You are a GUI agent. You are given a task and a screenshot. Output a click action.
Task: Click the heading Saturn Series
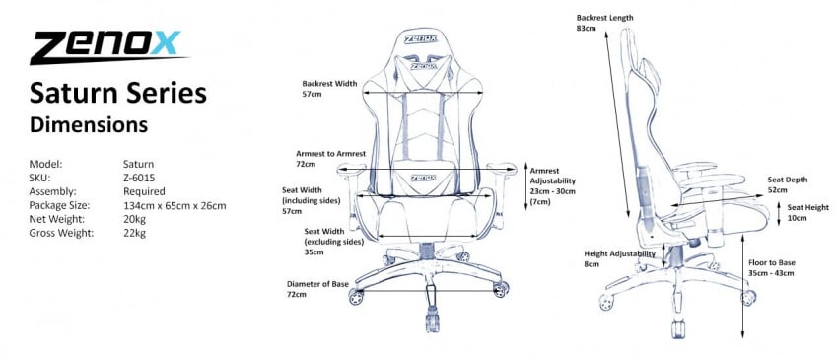coord(118,93)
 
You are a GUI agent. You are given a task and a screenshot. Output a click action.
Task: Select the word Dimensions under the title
coord(89,125)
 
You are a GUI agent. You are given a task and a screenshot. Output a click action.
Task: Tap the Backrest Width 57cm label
coord(328,90)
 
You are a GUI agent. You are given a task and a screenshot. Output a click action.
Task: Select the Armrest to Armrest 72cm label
coord(331,160)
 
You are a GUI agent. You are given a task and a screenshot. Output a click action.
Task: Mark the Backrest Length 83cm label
coord(604,24)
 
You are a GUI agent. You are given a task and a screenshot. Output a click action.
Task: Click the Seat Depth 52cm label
coord(788,184)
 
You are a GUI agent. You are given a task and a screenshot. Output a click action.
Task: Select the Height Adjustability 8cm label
coord(619,259)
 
